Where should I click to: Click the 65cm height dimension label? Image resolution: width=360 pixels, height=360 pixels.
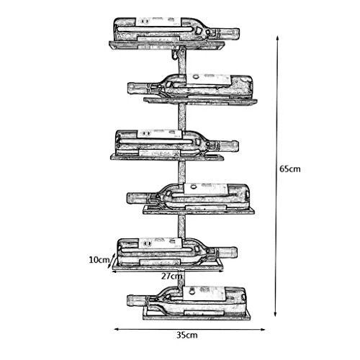[x=290, y=169]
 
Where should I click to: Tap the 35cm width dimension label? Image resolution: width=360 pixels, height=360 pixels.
[x=187, y=335]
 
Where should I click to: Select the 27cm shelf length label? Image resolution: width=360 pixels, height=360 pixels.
[x=171, y=276]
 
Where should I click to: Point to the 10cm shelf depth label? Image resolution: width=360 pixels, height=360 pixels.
[x=99, y=260]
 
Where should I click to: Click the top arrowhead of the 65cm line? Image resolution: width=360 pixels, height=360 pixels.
[x=277, y=38]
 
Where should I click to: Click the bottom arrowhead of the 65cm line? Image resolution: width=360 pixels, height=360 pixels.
[x=276, y=314]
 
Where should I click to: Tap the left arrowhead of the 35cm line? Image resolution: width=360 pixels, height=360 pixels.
[x=117, y=329]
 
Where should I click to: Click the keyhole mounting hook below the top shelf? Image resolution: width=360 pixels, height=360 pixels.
[x=175, y=54]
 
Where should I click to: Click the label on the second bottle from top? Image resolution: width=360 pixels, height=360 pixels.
[x=208, y=80]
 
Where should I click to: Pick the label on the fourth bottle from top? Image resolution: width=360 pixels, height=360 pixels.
[x=206, y=189]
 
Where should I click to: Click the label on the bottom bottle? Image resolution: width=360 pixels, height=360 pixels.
[x=204, y=293]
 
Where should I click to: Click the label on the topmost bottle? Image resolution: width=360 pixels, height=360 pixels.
[x=158, y=22]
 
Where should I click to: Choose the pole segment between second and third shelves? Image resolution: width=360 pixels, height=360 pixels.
[x=182, y=117]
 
